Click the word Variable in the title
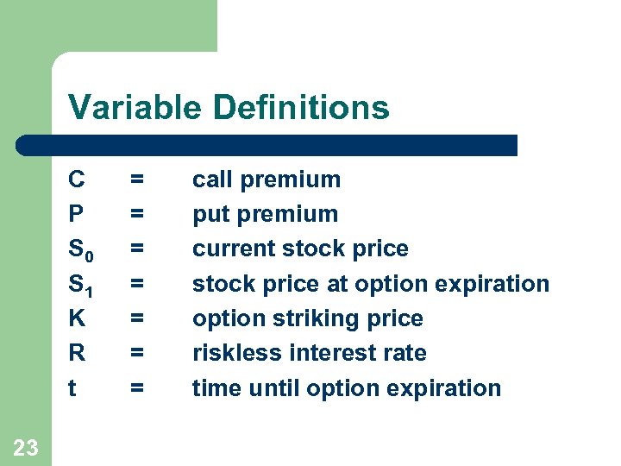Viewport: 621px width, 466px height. tap(136, 108)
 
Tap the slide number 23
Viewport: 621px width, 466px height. tap(26, 446)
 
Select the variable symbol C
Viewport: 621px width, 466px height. tap(77, 179)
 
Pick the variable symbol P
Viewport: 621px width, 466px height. tap(77, 214)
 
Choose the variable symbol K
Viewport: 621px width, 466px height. tap(77, 318)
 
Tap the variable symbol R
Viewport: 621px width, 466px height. tap(77, 353)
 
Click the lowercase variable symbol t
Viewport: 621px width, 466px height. tap(72, 388)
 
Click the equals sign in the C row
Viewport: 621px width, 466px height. tap(136, 179)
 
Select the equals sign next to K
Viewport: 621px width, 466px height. tap(136, 318)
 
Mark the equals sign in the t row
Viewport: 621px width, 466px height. tap(136, 388)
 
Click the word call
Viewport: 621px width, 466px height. tap(212, 179)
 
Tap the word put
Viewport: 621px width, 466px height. tap(210, 215)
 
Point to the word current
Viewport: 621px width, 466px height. tap(227, 249)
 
